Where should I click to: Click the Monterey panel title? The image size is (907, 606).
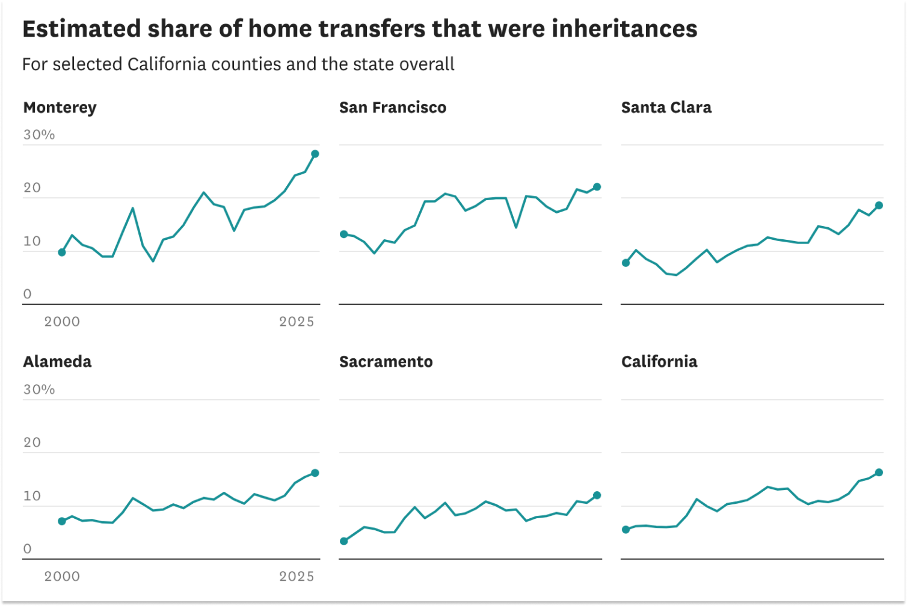[x=60, y=108]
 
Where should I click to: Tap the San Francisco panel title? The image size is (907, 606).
[x=392, y=108]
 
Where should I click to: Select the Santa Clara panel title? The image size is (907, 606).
[x=666, y=108]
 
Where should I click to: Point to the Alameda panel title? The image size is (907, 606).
[x=57, y=362]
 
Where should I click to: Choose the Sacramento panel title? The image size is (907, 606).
[x=386, y=362]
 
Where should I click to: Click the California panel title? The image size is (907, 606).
[x=659, y=362]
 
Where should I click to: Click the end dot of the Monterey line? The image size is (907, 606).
[x=315, y=154]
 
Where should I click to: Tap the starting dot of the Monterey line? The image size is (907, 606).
[x=62, y=252]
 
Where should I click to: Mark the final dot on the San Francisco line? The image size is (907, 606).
[x=597, y=187]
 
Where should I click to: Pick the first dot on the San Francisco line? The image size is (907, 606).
[x=344, y=234]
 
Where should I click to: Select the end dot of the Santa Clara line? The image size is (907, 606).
[x=879, y=206]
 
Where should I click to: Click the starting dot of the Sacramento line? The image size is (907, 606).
[x=344, y=541]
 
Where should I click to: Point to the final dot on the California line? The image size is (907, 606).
[x=879, y=473]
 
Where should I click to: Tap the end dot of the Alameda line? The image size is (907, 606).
[x=315, y=473]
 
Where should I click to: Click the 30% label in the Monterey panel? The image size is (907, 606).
[x=39, y=135]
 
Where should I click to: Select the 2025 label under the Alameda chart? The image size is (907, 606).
[x=297, y=577]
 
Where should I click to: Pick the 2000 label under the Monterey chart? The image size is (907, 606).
[x=62, y=322]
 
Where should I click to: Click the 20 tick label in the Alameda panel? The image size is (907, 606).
[x=32, y=443]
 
